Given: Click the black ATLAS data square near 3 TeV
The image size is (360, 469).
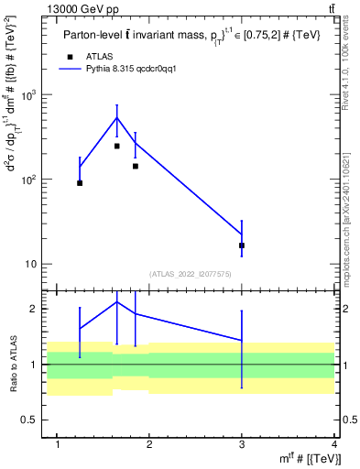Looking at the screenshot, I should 242,245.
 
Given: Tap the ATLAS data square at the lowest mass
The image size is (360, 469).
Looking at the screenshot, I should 80,183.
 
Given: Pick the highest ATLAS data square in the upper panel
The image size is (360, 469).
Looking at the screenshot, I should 117,146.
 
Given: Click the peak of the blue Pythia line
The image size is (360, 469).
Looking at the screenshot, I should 117,117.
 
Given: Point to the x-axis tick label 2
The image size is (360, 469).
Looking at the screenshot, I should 150,445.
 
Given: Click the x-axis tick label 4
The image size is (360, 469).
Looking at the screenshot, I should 334,445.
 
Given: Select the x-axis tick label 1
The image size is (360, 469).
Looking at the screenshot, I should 58,445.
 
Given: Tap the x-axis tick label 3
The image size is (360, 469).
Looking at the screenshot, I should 242,445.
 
